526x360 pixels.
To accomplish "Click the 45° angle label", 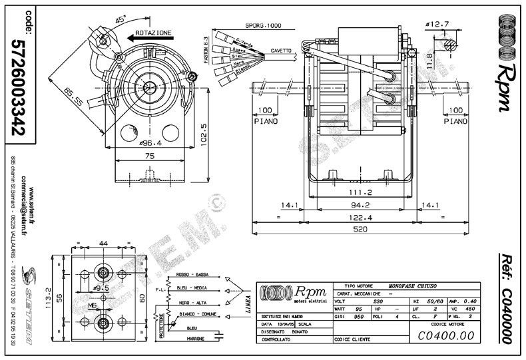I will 121,21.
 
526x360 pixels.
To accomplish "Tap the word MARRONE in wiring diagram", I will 195,337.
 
